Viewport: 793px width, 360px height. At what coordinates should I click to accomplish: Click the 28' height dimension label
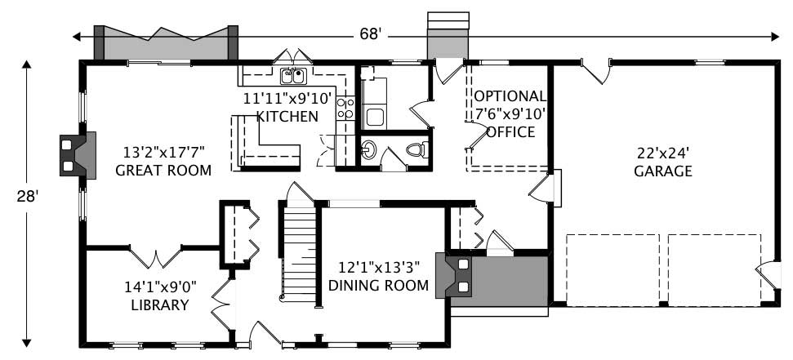(27, 197)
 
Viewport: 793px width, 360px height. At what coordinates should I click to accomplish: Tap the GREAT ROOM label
(163, 171)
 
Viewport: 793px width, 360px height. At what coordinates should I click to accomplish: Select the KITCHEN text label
(287, 117)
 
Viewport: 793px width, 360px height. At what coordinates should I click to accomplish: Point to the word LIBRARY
(160, 305)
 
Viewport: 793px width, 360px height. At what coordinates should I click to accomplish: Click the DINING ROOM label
(378, 285)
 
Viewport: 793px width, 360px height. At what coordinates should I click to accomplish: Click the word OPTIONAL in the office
(509, 96)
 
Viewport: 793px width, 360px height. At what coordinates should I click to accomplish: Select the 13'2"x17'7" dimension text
(163, 152)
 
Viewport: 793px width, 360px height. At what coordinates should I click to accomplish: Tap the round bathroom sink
(369, 149)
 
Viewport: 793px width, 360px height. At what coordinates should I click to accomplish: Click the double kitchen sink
(292, 77)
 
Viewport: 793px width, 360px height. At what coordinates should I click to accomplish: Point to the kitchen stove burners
(345, 109)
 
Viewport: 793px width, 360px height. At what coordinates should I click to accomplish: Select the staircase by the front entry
(299, 253)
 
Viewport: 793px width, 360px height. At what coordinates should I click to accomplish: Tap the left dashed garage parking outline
(613, 269)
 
